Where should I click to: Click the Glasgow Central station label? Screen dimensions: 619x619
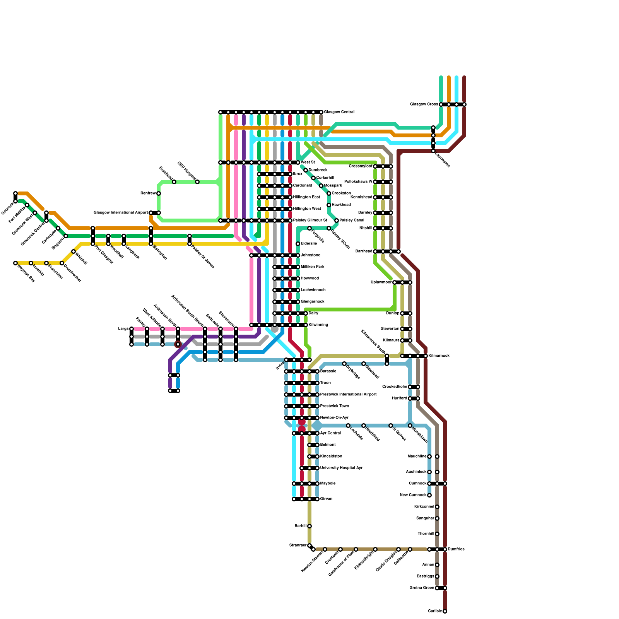click(x=339, y=112)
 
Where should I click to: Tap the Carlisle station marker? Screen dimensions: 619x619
click(x=445, y=611)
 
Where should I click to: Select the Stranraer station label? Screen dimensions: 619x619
click(x=298, y=545)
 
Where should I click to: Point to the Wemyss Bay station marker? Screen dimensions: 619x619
click(x=15, y=263)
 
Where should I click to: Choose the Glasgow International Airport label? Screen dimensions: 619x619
click(x=121, y=213)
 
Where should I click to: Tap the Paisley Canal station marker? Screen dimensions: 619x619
click(x=337, y=221)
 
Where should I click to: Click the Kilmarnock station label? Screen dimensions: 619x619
click(x=439, y=356)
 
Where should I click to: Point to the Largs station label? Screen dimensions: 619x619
click(x=123, y=329)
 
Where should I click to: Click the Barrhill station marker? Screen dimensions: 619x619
click(x=309, y=526)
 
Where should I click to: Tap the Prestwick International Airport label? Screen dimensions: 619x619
click(x=348, y=395)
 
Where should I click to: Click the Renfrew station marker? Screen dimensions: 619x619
click(x=159, y=193)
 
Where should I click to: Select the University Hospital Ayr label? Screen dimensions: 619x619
click(x=341, y=468)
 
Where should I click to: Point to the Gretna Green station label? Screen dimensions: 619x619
click(x=422, y=588)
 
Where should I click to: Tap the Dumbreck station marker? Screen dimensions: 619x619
click(x=306, y=170)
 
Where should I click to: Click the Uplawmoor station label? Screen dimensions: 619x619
click(x=381, y=282)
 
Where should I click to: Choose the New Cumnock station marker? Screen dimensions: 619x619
click(x=429, y=495)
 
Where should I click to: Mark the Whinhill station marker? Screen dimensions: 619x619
click(x=74, y=251)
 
